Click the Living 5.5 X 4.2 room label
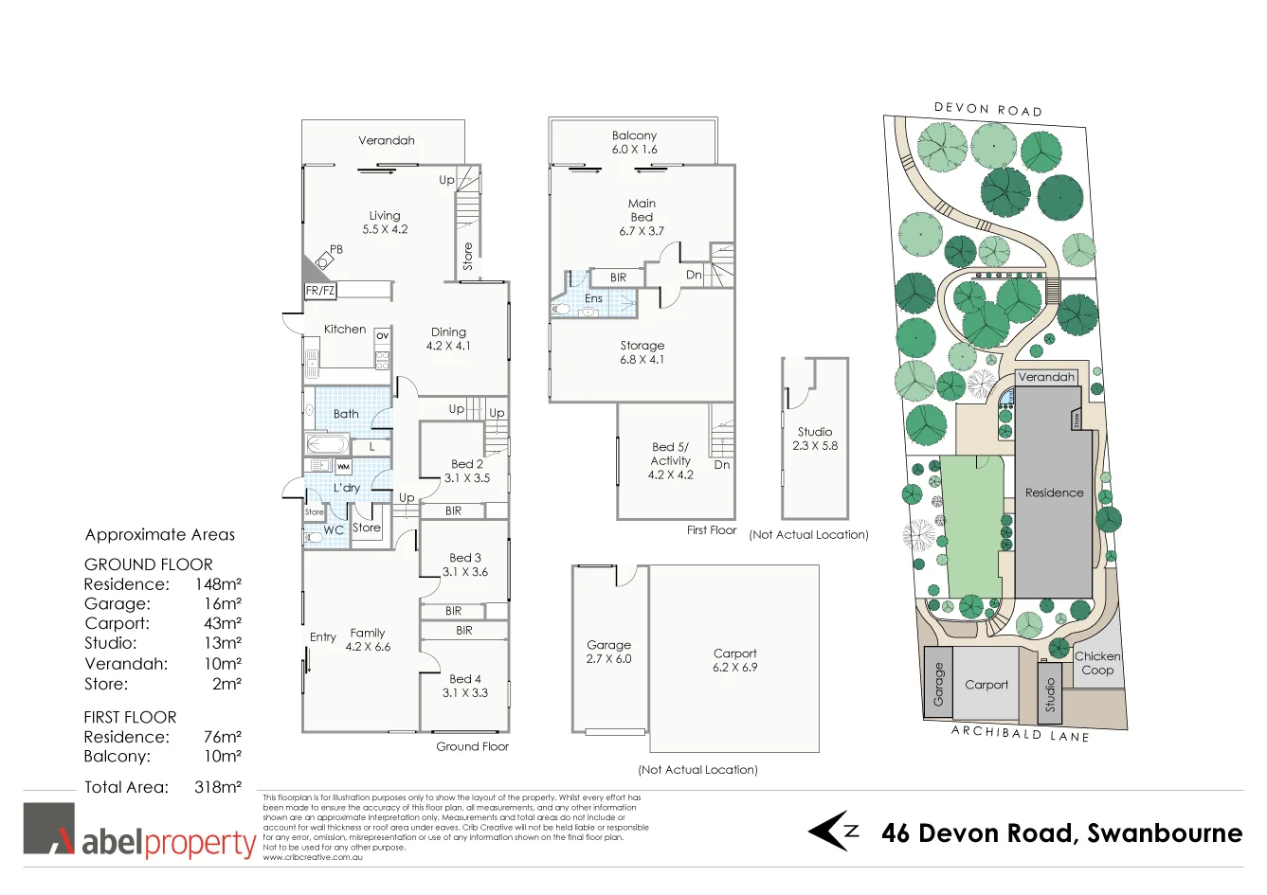click(x=385, y=223)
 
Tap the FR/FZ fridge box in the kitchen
click(x=320, y=291)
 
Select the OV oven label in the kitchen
click(x=382, y=336)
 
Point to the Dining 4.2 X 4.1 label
click(x=448, y=339)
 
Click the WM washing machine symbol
click(x=343, y=467)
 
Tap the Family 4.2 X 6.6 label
click(x=368, y=640)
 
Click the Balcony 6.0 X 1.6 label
click(x=634, y=142)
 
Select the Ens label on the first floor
click(x=593, y=298)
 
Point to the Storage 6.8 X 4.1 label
click(x=642, y=352)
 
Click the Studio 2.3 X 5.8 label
click(x=815, y=439)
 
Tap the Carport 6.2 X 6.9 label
click(x=734, y=660)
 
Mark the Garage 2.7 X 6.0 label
click(x=608, y=652)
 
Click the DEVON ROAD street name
click(x=988, y=110)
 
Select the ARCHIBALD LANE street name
click(x=1020, y=734)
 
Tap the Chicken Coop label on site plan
click(x=1097, y=663)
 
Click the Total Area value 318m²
click(x=218, y=787)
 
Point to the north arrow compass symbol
click(x=832, y=831)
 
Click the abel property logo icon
click(x=49, y=829)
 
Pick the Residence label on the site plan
click(x=1054, y=492)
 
